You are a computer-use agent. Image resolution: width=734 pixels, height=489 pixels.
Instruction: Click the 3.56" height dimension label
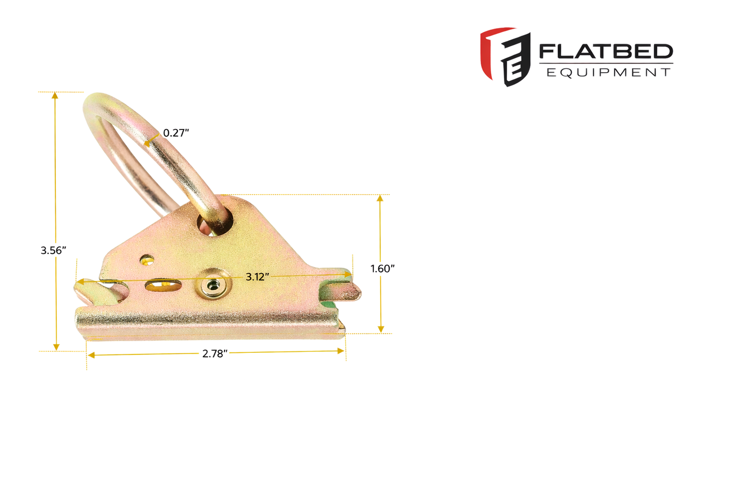(53, 250)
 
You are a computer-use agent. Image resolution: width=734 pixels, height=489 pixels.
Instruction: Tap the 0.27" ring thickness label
(176, 133)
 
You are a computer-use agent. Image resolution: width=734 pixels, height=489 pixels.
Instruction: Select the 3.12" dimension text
(257, 277)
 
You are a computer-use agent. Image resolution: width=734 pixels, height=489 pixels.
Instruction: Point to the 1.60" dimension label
(382, 269)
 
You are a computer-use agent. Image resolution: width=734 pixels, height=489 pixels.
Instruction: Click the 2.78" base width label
(214, 354)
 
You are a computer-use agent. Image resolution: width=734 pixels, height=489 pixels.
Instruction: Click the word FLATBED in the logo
(605, 51)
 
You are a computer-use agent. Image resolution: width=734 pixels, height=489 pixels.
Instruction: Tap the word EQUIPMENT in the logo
(608, 73)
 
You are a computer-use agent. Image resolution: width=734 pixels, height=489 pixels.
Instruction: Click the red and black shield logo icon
(505, 56)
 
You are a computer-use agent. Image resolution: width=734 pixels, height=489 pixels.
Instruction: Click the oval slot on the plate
(163, 285)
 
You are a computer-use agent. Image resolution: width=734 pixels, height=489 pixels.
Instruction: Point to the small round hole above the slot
(147, 260)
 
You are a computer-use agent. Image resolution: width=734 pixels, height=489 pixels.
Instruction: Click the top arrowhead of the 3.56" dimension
(55, 95)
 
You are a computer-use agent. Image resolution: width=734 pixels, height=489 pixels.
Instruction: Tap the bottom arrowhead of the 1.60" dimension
(381, 330)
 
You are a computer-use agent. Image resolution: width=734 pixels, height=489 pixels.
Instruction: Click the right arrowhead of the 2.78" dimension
(341, 350)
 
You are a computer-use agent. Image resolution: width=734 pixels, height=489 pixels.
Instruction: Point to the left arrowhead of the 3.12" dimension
(80, 281)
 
